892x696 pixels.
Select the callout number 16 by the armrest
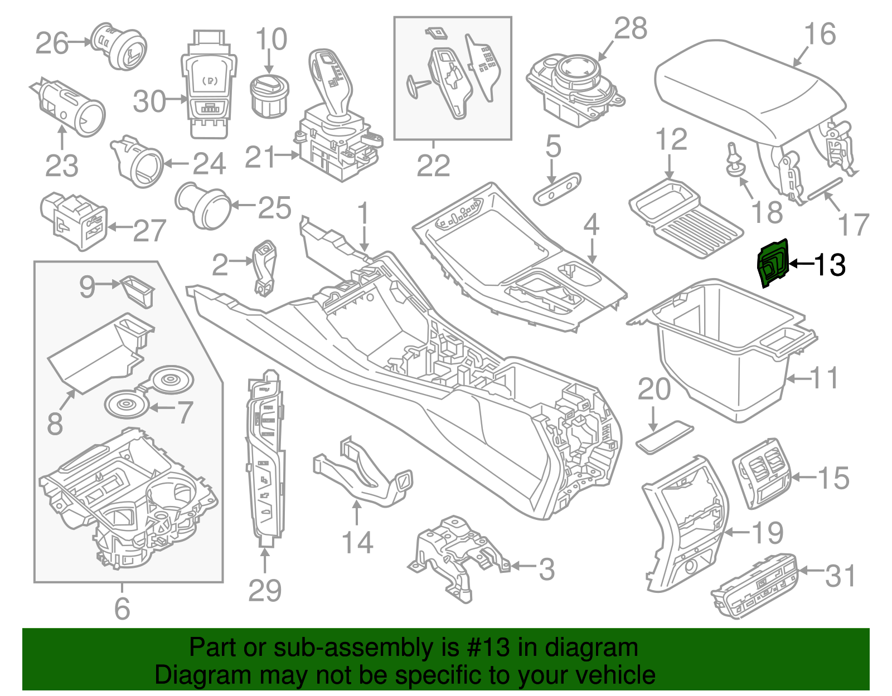coord(820,34)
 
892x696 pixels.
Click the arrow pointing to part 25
coord(244,206)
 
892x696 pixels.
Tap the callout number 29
coord(265,591)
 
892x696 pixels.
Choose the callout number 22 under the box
coord(433,166)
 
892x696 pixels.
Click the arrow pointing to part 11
coord(798,379)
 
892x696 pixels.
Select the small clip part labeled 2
coord(265,266)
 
